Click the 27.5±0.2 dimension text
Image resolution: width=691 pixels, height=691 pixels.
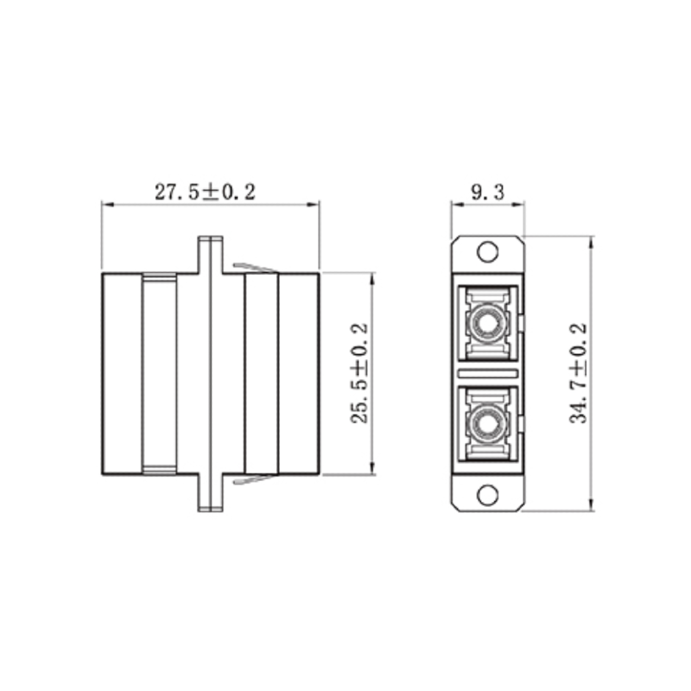point(206,192)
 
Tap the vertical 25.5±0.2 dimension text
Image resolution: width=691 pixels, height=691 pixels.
point(359,374)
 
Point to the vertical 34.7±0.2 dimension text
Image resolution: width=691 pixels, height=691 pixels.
point(578,372)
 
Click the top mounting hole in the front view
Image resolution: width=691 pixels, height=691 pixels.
point(488,252)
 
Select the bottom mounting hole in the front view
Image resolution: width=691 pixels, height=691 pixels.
point(488,496)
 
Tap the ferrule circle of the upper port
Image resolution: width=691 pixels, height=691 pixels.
point(488,324)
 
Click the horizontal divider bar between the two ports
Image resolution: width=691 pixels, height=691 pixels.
point(488,374)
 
